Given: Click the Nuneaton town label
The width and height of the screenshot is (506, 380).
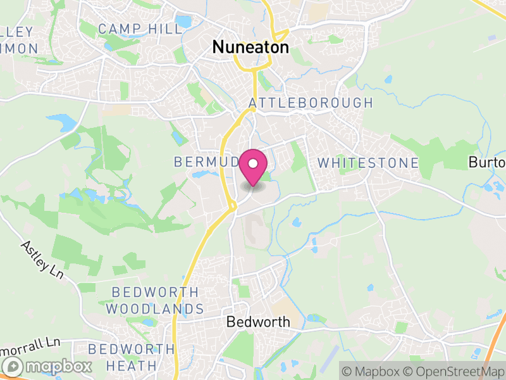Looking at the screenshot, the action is click(x=250, y=47).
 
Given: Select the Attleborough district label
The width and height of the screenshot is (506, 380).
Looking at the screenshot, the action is click(x=311, y=103).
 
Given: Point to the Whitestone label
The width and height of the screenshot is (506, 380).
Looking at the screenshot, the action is click(x=367, y=163).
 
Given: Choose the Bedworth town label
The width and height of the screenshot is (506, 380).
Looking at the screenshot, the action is click(x=258, y=322).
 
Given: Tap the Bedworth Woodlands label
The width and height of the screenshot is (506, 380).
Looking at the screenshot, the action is click(x=155, y=301).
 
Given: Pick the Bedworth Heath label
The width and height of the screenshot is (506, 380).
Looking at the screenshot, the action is click(x=132, y=357).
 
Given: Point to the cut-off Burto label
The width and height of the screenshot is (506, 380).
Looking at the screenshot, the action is click(x=487, y=162).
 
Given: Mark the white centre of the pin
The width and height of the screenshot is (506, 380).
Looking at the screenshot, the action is click(x=253, y=163).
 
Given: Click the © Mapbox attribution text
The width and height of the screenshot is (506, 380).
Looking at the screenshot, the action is click(x=374, y=370).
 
